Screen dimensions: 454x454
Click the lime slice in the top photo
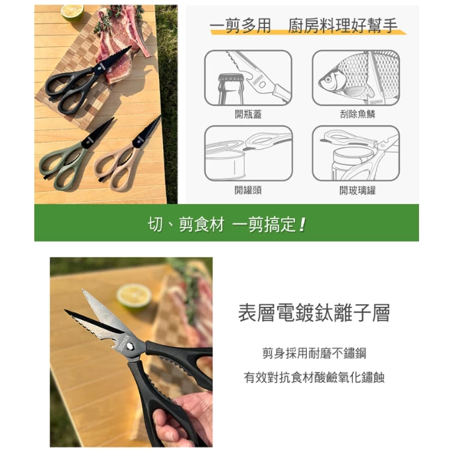pyautogui.click(x=71, y=12)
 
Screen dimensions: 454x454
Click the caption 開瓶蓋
pyautogui.click(x=248, y=113)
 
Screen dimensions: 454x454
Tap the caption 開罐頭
pyautogui.click(x=248, y=190)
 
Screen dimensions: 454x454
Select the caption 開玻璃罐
pyautogui.click(x=357, y=190)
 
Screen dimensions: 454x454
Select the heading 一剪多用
pyautogui.click(x=241, y=26)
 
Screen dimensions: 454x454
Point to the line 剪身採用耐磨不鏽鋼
pyautogui.click(x=313, y=352)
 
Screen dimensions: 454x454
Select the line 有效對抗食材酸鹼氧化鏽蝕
pyautogui.click(x=313, y=377)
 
